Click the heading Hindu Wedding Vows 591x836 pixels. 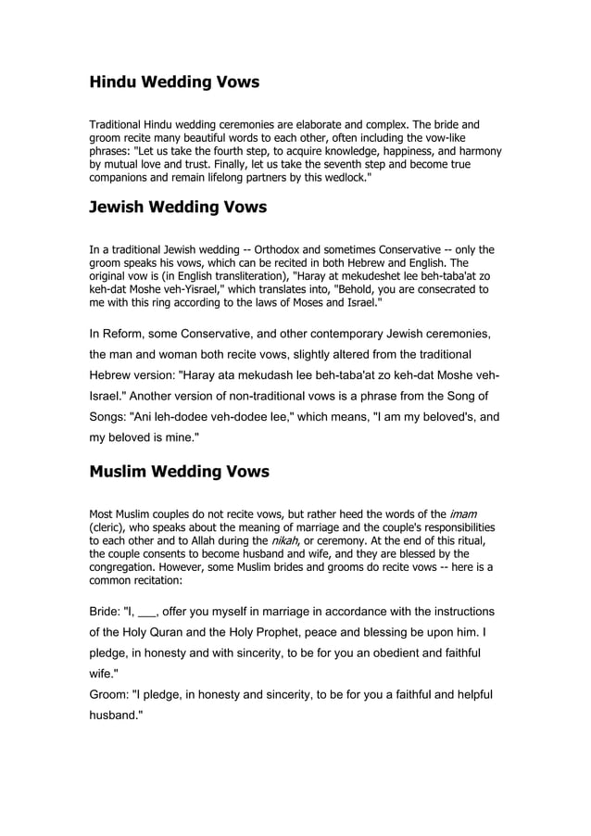pyautogui.click(x=174, y=82)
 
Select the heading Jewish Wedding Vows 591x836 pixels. pyautogui.click(x=177, y=207)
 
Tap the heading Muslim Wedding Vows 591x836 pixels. pyautogui.click(x=179, y=472)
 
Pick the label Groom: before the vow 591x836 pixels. pyautogui.click(x=114, y=694)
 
